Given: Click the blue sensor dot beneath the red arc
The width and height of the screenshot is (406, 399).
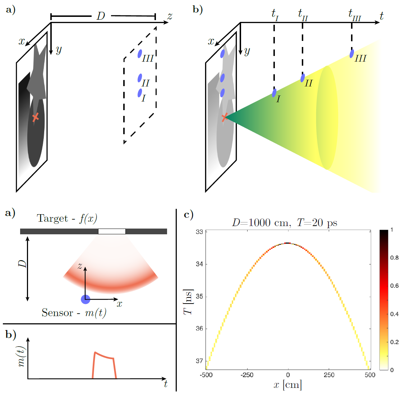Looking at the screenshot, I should pyautogui.click(x=85, y=299).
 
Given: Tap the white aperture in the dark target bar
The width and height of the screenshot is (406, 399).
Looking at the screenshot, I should pyautogui.click(x=112, y=231).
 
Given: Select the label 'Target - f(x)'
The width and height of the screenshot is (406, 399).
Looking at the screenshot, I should pyautogui.click(x=67, y=219).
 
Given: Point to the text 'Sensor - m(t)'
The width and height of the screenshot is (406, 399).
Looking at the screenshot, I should pyautogui.click(x=74, y=313).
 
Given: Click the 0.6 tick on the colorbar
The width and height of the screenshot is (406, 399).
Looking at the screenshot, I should pyautogui.click(x=395, y=286).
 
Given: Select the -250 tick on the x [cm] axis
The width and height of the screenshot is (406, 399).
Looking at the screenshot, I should pyautogui.click(x=247, y=375).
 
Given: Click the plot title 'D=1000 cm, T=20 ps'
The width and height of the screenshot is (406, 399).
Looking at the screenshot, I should pyautogui.click(x=285, y=223).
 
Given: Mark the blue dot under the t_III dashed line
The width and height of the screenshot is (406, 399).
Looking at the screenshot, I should pyautogui.click(x=352, y=54).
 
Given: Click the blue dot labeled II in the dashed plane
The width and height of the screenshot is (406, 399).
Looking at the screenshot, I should pyautogui.click(x=140, y=78).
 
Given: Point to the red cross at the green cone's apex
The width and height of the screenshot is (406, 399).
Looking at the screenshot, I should pyautogui.click(x=225, y=117).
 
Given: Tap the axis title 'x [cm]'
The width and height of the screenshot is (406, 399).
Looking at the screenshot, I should pyautogui.click(x=287, y=385).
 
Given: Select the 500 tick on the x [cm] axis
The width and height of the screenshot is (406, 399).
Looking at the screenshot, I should pyautogui.click(x=370, y=375).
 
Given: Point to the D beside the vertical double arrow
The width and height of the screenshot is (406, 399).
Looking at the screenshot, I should pyautogui.click(x=22, y=264).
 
